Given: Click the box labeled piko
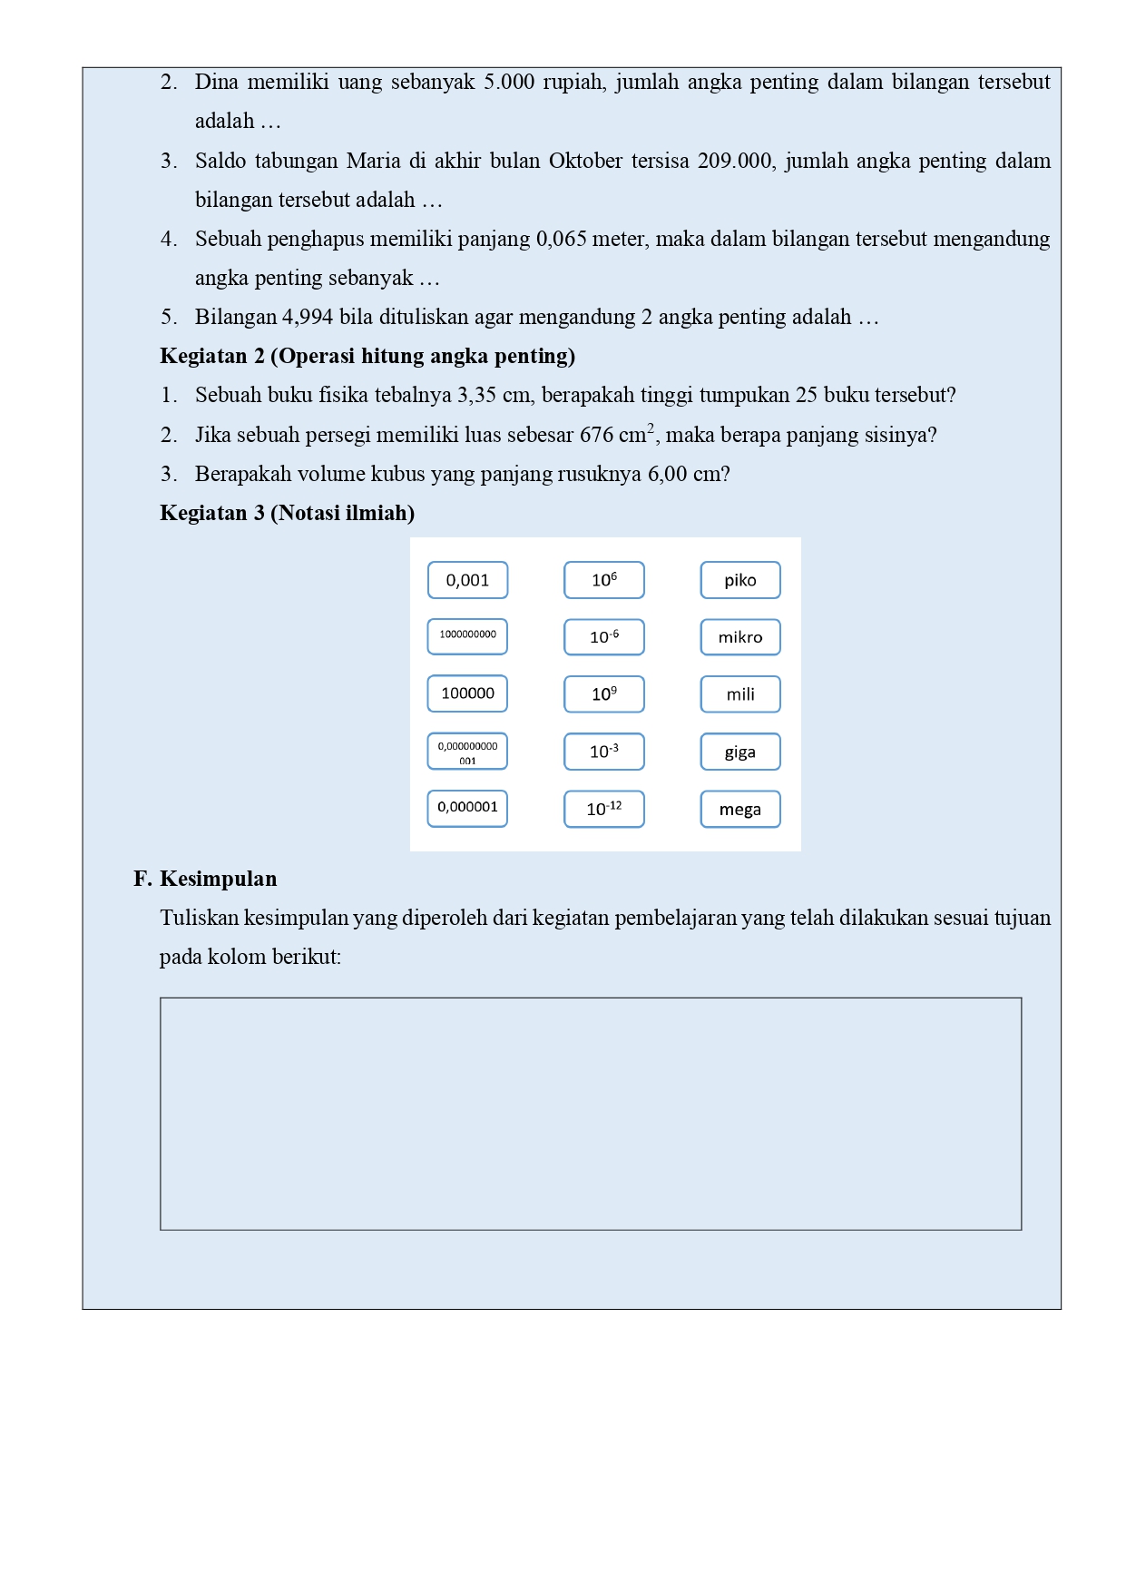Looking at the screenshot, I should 739,580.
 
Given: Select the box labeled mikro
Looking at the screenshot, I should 739,637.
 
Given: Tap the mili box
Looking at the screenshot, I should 739,694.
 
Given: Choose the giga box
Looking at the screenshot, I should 739,752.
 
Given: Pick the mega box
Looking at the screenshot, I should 739,809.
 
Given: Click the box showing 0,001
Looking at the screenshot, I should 467,580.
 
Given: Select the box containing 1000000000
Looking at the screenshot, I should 467,636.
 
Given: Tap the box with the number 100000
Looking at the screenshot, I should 467,693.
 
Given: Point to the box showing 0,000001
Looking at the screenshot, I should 467,808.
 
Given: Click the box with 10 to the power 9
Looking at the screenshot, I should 603,694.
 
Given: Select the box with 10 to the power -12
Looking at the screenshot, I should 603,809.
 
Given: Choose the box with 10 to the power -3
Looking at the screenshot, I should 603,752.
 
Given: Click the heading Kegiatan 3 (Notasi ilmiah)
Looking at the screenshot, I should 287,513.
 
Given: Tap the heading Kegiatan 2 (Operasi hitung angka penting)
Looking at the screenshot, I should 367,356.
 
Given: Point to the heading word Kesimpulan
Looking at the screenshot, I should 218,879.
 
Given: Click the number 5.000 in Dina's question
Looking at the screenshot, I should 509,82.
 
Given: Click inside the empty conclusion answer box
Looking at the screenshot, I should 591,1114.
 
